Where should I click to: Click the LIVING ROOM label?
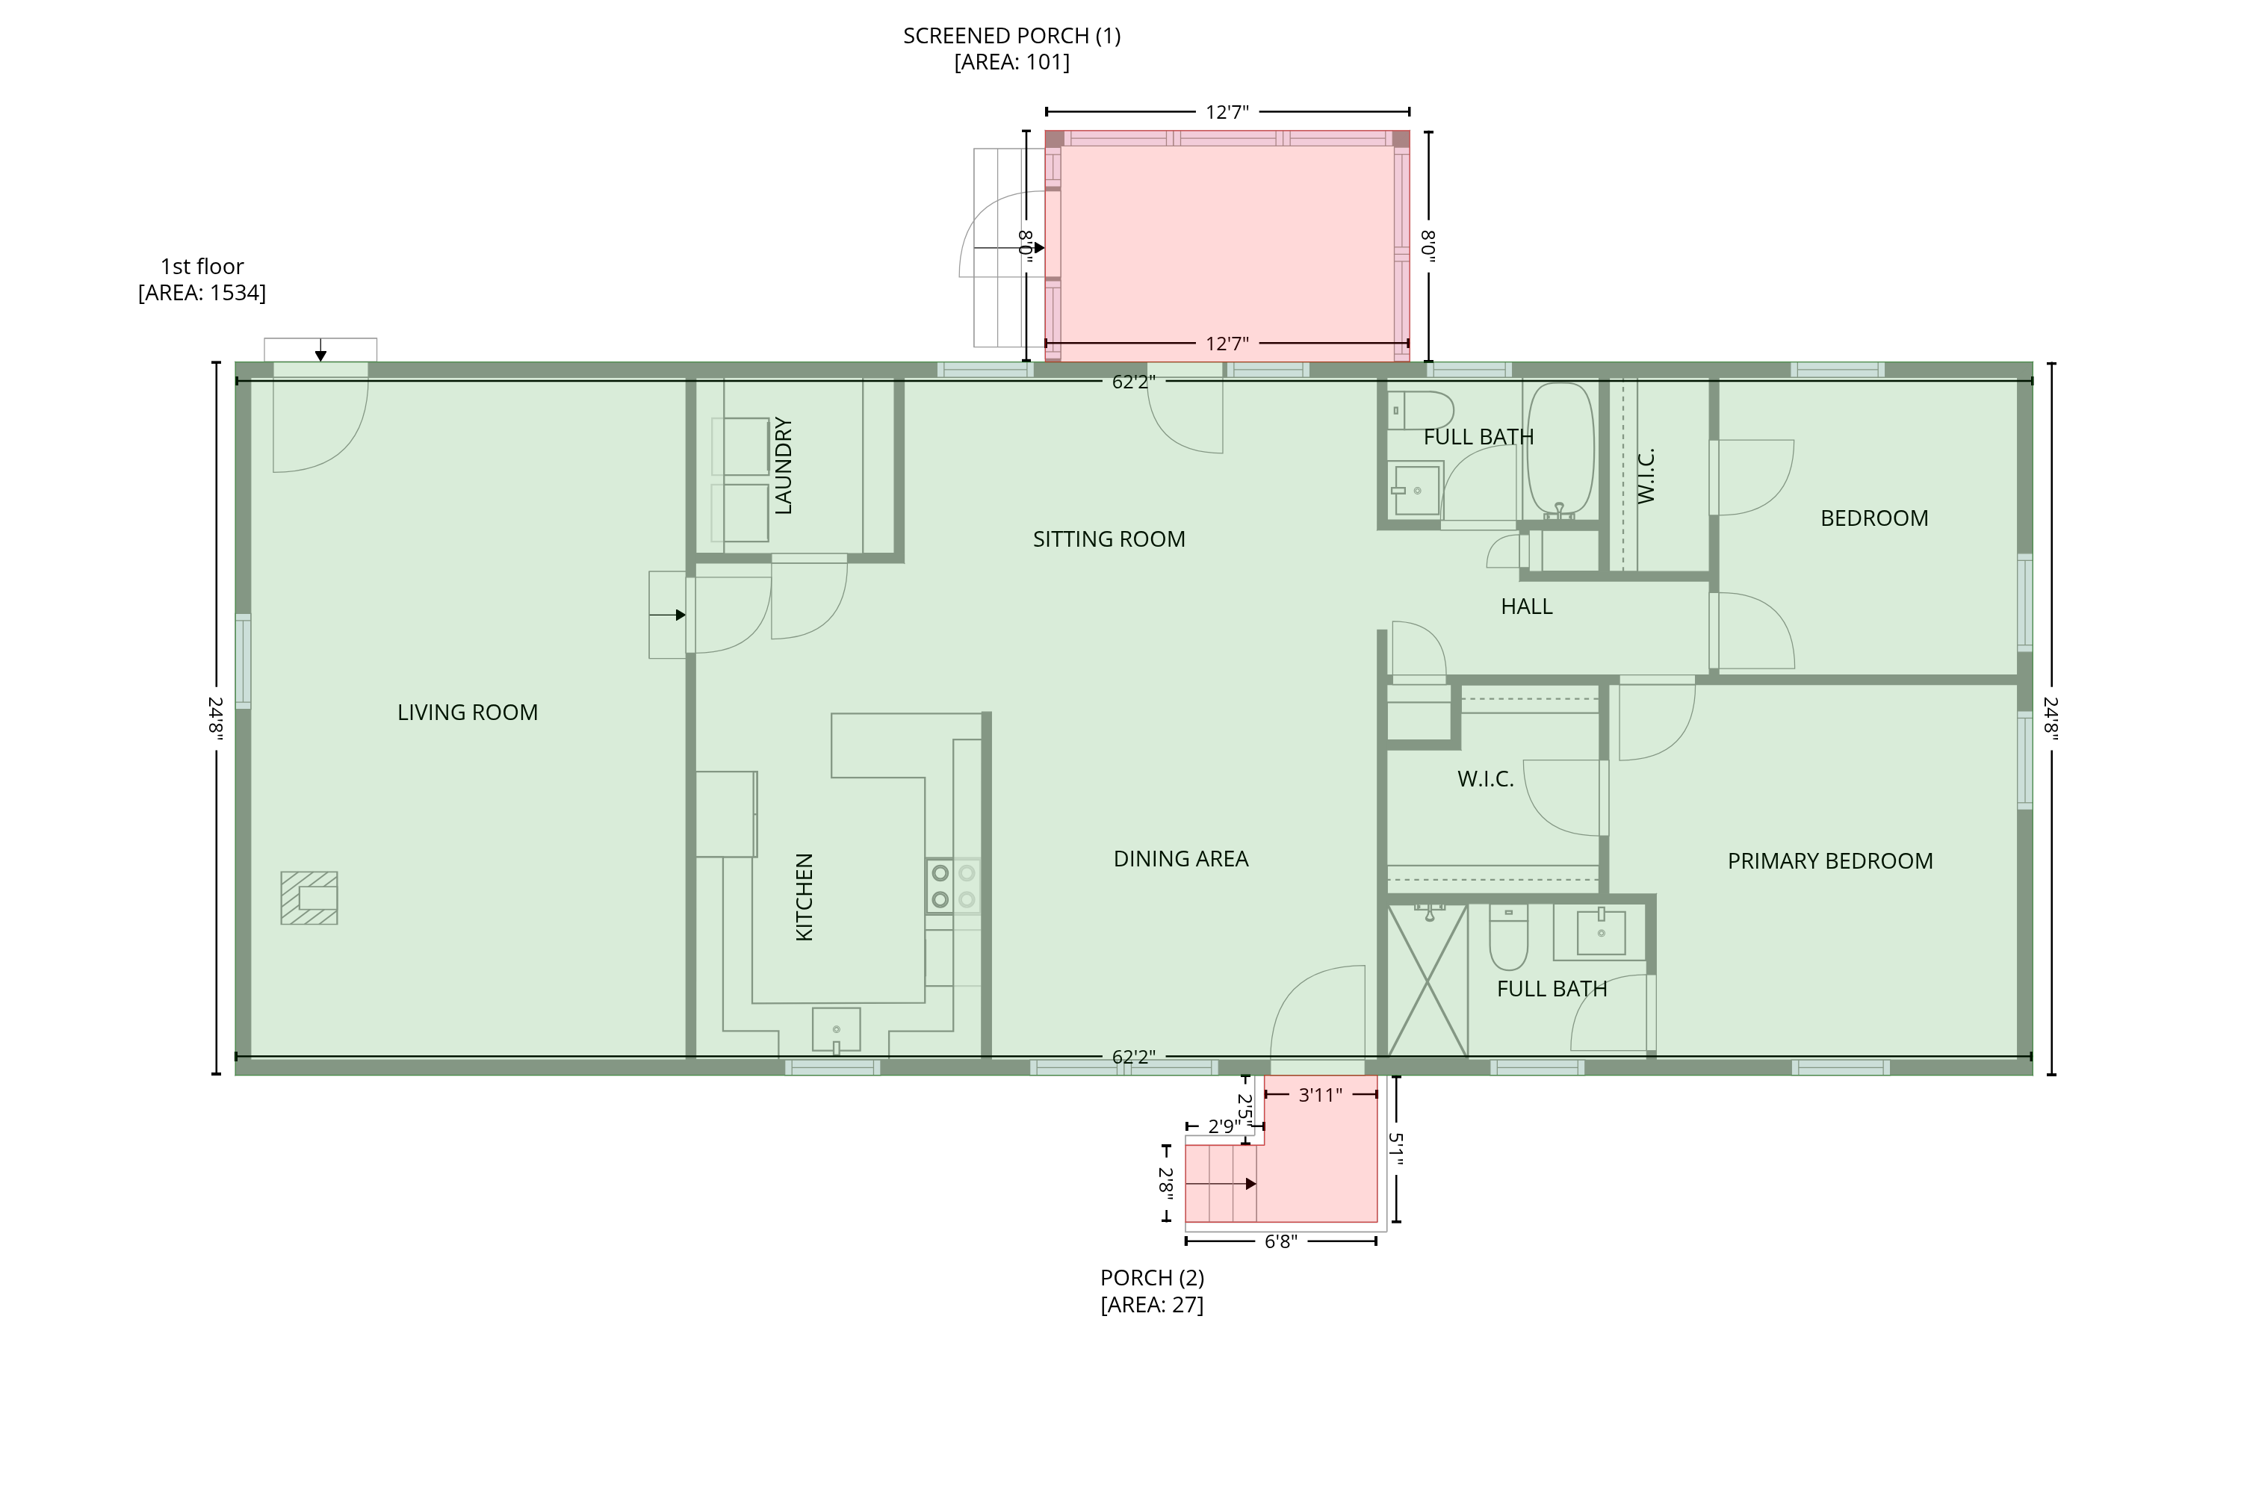468,712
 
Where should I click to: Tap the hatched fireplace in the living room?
309,898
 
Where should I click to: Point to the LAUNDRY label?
784,465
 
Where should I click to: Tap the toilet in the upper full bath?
1420,409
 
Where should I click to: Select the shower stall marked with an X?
1427,980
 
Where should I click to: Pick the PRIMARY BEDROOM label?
1829,861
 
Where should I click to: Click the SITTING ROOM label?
1109,539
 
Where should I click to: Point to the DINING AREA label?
1180,860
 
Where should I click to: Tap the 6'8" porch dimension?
1280,1242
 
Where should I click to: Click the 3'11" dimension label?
1320,1096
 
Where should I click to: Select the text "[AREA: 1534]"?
202,293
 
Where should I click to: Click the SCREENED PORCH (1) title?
1011,37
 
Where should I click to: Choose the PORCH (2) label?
1153,1279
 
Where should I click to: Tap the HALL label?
1526,607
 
